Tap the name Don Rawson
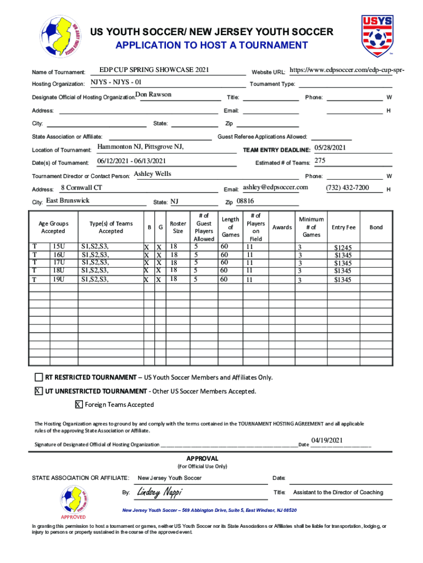point(153,95)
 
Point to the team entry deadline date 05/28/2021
point(330,148)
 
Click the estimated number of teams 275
point(319,161)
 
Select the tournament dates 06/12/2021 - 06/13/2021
point(131,161)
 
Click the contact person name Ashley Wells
point(153,174)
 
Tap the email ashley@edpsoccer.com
point(275,187)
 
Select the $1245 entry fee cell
point(343,248)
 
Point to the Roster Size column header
point(178,228)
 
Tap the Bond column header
point(376,228)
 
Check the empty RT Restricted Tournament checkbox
point(38,378)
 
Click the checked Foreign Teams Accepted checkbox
point(79,405)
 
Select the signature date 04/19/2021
point(327,440)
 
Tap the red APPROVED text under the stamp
point(73,517)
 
